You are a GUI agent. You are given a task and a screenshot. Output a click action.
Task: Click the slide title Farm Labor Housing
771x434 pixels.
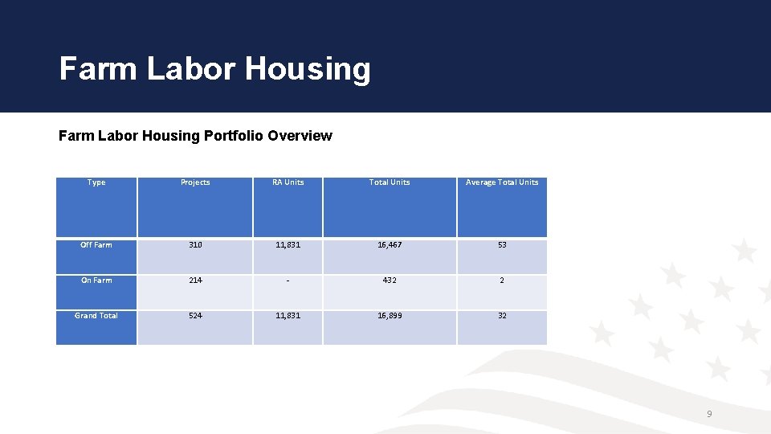[x=214, y=69]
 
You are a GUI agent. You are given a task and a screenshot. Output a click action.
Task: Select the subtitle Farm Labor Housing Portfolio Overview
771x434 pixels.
[x=195, y=136]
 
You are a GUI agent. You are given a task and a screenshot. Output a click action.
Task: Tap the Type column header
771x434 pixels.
[x=96, y=182]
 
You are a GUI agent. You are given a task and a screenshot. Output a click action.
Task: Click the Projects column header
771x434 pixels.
[x=195, y=182]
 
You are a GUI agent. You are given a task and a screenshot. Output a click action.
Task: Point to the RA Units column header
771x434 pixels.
[x=288, y=182]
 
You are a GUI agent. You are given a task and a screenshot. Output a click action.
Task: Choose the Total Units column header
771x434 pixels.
[x=390, y=182]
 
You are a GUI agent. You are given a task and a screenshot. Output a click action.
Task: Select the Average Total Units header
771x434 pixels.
[x=502, y=182]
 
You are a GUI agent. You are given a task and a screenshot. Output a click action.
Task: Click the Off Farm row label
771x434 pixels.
[x=96, y=245]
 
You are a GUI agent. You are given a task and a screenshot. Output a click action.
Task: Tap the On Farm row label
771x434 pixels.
[x=96, y=280]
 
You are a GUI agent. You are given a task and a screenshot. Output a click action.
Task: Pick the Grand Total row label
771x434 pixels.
[x=96, y=316]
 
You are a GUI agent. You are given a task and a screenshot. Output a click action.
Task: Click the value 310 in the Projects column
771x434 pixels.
[x=195, y=245]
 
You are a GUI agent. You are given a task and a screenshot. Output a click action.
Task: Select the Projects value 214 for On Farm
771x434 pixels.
[x=195, y=280]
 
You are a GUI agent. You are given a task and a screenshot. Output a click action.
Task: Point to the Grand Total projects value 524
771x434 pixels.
[x=195, y=316]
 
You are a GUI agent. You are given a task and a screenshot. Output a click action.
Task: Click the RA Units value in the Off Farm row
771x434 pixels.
[x=288, y=245]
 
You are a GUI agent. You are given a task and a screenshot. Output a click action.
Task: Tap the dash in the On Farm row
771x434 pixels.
[x=288, y=280]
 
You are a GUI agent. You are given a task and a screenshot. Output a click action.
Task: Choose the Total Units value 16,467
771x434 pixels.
[x=390, y=245]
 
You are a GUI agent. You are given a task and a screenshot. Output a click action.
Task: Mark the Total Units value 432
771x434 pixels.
[x=390, y=280]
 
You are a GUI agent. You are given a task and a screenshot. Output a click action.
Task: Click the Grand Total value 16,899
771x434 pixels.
[x=390, y=316]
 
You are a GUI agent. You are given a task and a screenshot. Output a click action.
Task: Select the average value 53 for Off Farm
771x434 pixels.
[x=502, y=245]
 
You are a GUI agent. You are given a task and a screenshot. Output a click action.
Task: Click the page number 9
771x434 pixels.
[x=709, y=414]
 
